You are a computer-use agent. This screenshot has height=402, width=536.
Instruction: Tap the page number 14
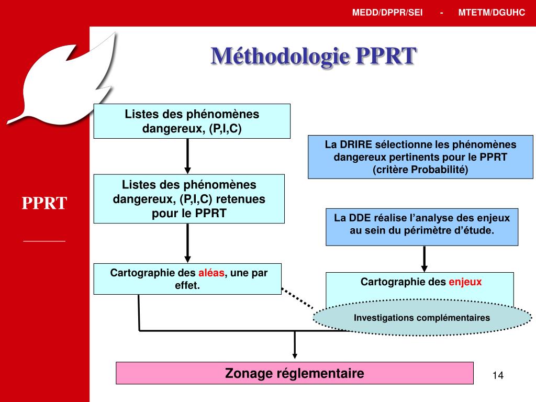point(498,375)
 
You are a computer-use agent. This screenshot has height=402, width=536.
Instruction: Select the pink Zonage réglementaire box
point(295,373)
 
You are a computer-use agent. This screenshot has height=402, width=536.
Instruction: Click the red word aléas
point(211,273)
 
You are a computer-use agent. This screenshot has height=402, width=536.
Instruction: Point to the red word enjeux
point(465,282)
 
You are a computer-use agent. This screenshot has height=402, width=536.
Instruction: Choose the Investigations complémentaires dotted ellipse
point(422,318)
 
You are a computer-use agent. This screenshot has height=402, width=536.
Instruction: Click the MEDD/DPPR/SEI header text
point(387,13)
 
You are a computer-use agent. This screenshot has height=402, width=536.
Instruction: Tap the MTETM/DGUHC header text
point(492,13)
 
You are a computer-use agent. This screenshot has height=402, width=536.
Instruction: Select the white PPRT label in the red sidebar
point(44,203)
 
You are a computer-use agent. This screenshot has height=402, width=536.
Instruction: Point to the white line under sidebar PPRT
point(44,241)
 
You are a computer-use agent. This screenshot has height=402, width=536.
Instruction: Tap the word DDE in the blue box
point(360,218)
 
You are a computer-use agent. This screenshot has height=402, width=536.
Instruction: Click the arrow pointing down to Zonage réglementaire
point(295,344)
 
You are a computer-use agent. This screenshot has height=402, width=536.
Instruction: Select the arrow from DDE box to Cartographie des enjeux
point(424,259)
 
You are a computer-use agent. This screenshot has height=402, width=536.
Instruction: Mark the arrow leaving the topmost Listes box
point(187,156)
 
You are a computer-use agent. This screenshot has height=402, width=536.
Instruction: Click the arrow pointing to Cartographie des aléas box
point(187,243)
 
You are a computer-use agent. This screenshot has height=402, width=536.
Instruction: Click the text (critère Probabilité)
point(420,170)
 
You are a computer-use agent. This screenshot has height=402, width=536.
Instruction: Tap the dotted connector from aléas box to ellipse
point(297,298)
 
